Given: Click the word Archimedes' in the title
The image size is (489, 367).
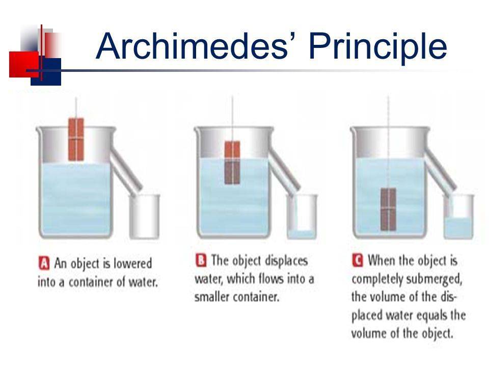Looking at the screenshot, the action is tap(192, 46).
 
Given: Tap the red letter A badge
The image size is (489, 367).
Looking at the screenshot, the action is tap(44, 263).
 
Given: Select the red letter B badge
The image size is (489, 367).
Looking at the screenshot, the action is tap(201, 260).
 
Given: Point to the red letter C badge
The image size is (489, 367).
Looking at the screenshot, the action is tap(358, 260).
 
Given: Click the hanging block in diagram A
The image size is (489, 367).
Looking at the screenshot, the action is tap(76, 139).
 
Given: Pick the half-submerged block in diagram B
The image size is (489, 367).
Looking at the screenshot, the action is tap(232, 162).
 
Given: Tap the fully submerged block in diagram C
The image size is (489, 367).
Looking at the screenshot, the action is tap(388, 209).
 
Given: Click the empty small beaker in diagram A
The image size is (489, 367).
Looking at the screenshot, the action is tap(144, 217).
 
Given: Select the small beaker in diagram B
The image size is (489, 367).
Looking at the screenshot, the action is tap(302, 217).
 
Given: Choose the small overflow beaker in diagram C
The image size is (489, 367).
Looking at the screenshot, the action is tap(459, 217).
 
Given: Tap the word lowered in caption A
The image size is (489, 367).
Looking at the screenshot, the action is tap(132, 263).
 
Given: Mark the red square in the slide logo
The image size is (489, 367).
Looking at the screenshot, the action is tap(24, 64).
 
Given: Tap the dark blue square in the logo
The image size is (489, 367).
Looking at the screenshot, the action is tap(46, 72).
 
